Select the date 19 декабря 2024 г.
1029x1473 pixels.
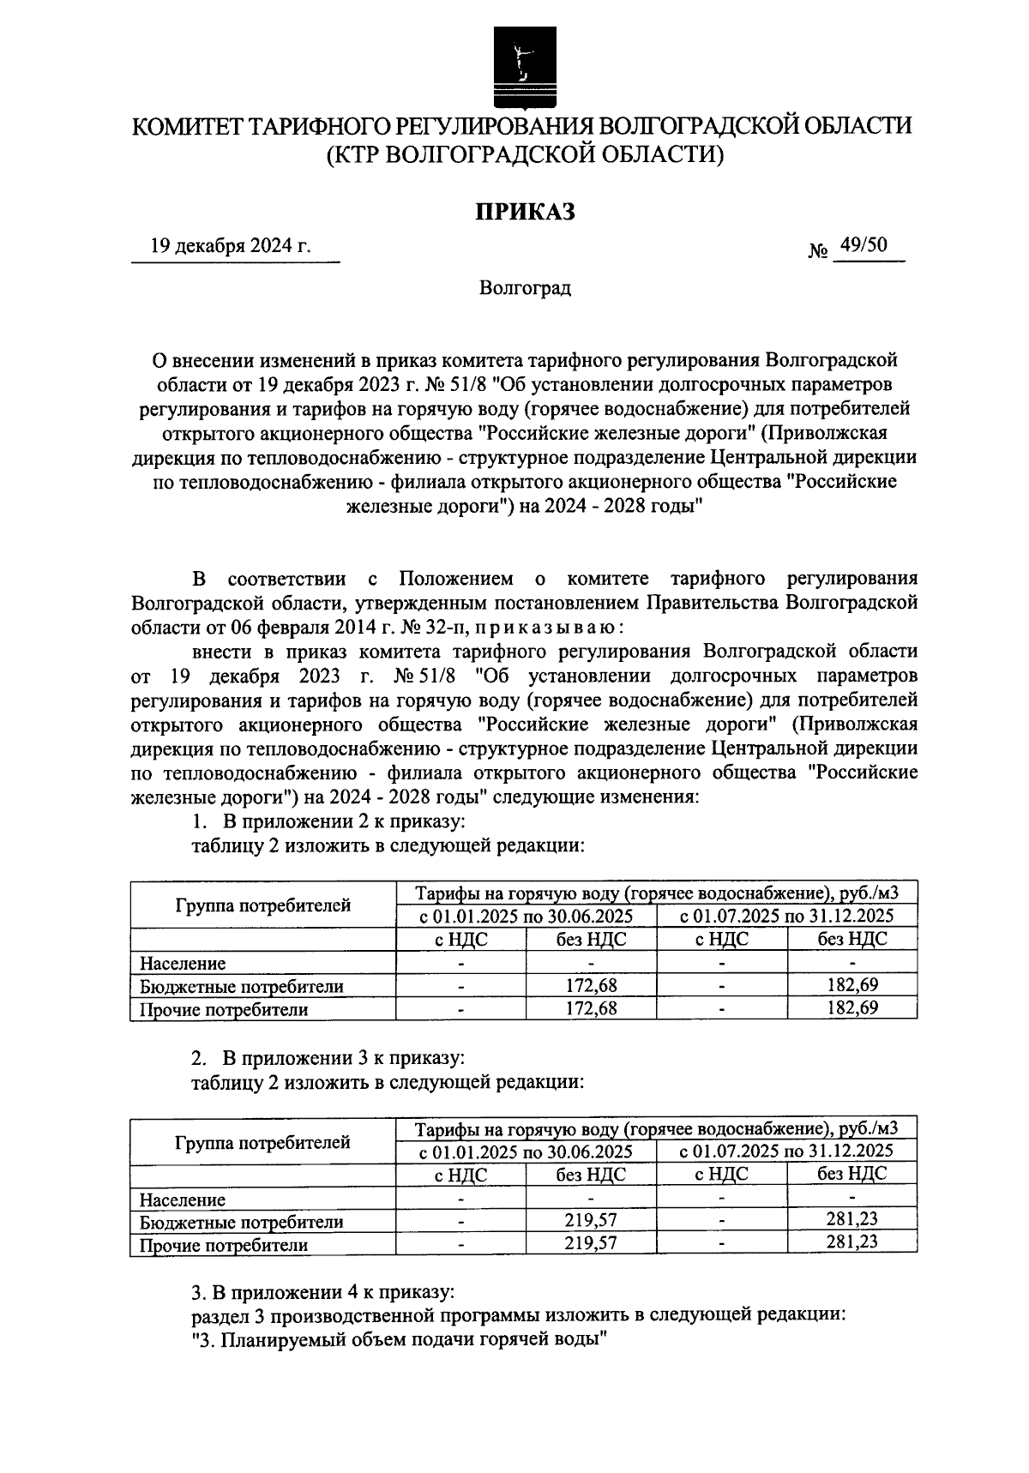231,248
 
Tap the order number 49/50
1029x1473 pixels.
864,246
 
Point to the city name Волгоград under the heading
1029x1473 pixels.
525,288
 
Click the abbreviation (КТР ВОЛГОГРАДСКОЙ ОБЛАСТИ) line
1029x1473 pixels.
525,155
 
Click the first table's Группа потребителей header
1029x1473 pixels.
263,905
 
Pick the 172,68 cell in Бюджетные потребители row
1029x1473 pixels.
591,986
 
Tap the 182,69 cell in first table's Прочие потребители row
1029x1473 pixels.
851,1008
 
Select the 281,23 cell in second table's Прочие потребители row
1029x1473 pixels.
851,1242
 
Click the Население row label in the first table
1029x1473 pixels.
183,963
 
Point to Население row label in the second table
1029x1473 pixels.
183,1199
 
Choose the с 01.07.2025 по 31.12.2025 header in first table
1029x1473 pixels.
786,916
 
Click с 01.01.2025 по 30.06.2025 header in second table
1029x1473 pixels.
526,1151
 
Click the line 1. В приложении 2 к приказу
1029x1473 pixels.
328,822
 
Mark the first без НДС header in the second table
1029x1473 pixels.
591,1175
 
